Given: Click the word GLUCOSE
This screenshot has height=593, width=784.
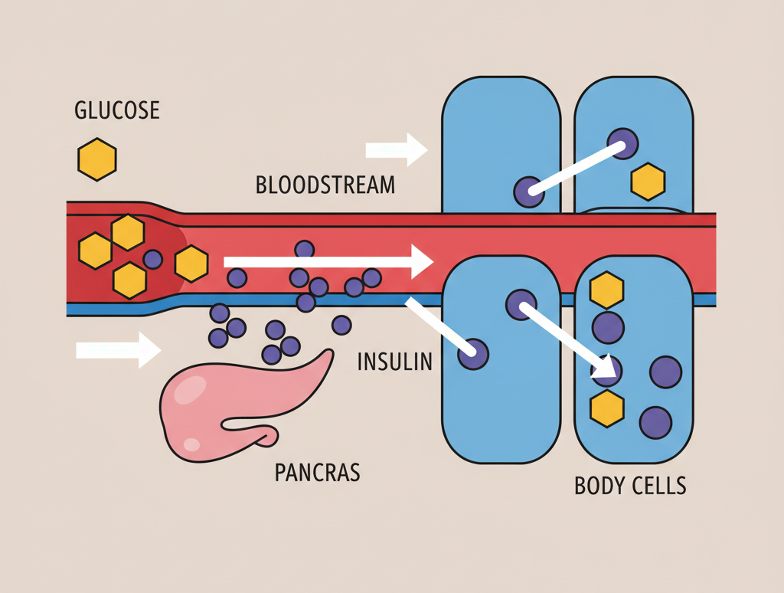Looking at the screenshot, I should tap(117, 110).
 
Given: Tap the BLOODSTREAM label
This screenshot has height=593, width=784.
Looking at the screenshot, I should tap(325, 185).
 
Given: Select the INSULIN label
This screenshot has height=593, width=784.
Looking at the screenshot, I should tap(394, 361).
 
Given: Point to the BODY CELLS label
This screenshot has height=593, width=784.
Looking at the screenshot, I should tap(630, 486).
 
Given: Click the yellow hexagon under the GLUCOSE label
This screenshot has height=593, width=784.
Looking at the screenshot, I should tap(97, 159).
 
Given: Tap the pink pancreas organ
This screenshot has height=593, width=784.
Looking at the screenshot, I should tap(230, 406).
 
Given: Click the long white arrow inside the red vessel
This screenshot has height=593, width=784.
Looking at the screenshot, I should tap(329, 262).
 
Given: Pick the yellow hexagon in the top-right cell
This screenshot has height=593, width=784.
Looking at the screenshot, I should tap(648, 182).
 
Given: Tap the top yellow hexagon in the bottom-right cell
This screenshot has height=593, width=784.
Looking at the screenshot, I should tap(607, 290).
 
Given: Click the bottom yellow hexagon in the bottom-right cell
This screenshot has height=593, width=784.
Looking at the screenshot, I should tap(607, 408).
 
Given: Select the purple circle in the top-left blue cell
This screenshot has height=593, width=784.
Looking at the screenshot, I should tap(528, 192).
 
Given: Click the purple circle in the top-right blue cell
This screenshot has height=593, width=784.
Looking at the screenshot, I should tap(622, 143).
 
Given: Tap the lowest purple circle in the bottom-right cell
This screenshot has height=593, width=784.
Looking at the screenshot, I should tap(655, 422).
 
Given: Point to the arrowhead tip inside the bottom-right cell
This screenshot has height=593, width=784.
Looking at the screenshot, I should tap(612, 373).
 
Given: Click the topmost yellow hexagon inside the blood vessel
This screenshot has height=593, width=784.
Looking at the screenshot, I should tap(128, 232).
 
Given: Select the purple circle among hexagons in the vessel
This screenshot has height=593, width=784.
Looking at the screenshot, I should tap(152, 259).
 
